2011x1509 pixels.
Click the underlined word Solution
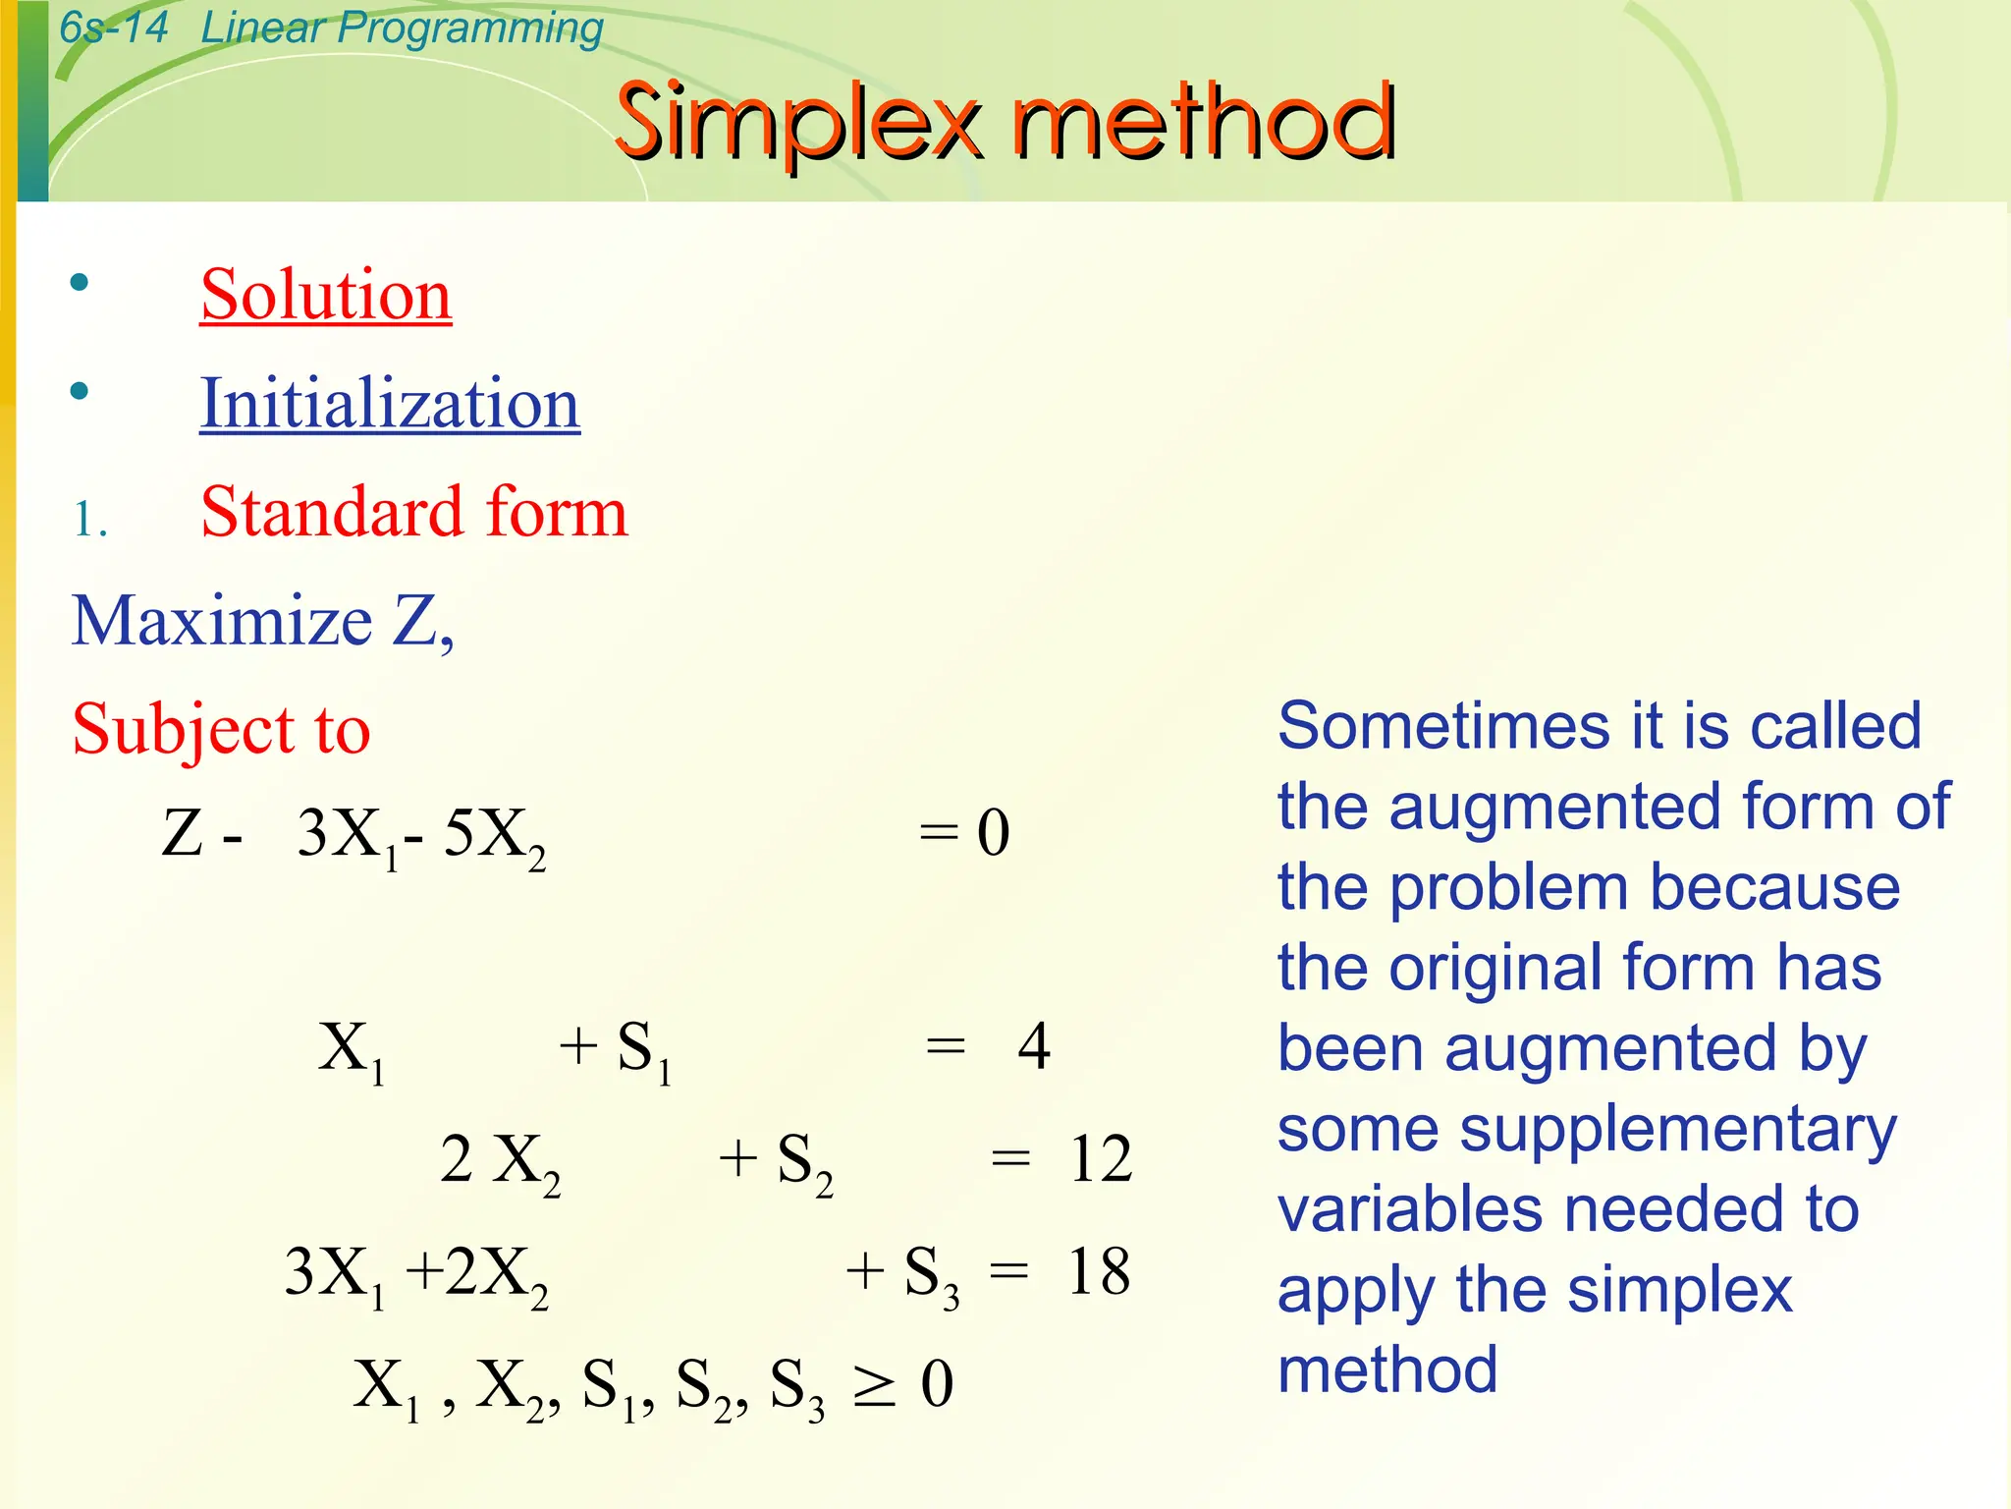(326, 294)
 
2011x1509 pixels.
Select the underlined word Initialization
(390, 403)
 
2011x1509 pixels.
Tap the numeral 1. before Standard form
(89, 519)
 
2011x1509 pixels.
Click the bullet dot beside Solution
(80, 284)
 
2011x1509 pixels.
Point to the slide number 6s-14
(113, 27)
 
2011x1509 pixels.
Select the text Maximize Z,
(263, 621)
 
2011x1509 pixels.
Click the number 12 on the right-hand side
(1101, 1159)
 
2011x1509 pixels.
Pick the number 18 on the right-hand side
(1099, 1271)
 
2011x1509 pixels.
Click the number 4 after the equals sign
(1034, 1045)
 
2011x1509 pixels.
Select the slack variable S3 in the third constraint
(929, 1274)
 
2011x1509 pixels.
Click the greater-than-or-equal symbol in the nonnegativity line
(873, 1386)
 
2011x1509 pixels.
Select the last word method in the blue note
(1386, 1369)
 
